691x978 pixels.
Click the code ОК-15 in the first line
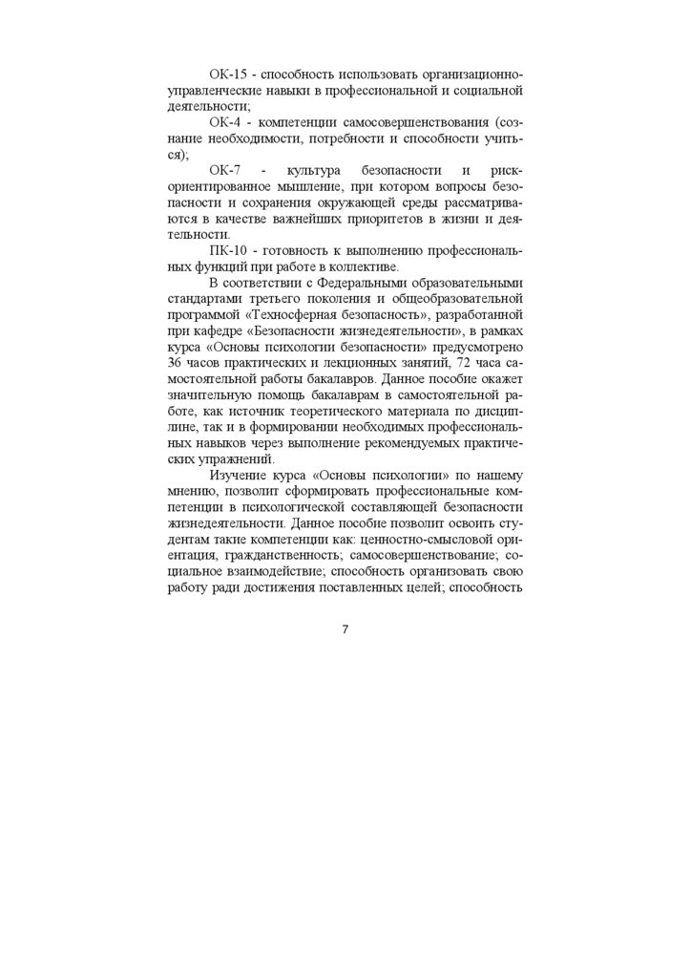click(x=228, y=74)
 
